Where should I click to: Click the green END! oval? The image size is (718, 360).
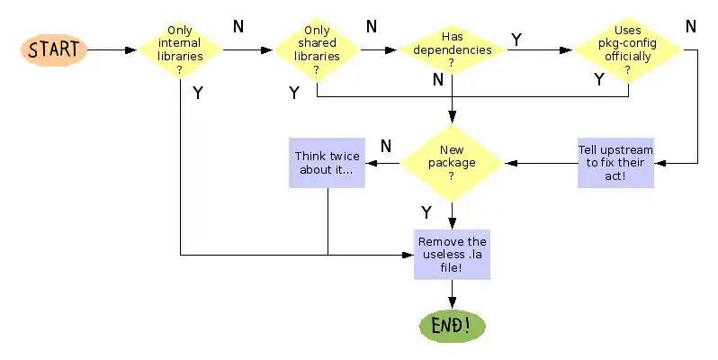point(452,326)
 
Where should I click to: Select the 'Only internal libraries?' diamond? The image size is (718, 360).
point(180,49)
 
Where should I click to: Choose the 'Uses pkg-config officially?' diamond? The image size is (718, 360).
point(627,49)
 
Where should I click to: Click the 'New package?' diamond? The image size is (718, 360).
point(451,163)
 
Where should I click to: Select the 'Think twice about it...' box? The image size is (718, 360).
point(327,163)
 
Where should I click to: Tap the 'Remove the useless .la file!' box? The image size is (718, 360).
point(452,255)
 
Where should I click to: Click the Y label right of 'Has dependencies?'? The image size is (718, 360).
point(516,39)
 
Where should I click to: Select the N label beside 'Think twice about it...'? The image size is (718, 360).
point(385,145)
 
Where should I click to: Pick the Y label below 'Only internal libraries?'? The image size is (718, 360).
point(197,91)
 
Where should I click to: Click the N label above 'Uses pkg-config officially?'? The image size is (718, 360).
point(690,26)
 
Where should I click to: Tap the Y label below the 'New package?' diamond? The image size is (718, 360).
point(426,212)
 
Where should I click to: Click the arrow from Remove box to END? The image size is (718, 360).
point(452,294)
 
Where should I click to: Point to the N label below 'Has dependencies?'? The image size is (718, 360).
point(438,79)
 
